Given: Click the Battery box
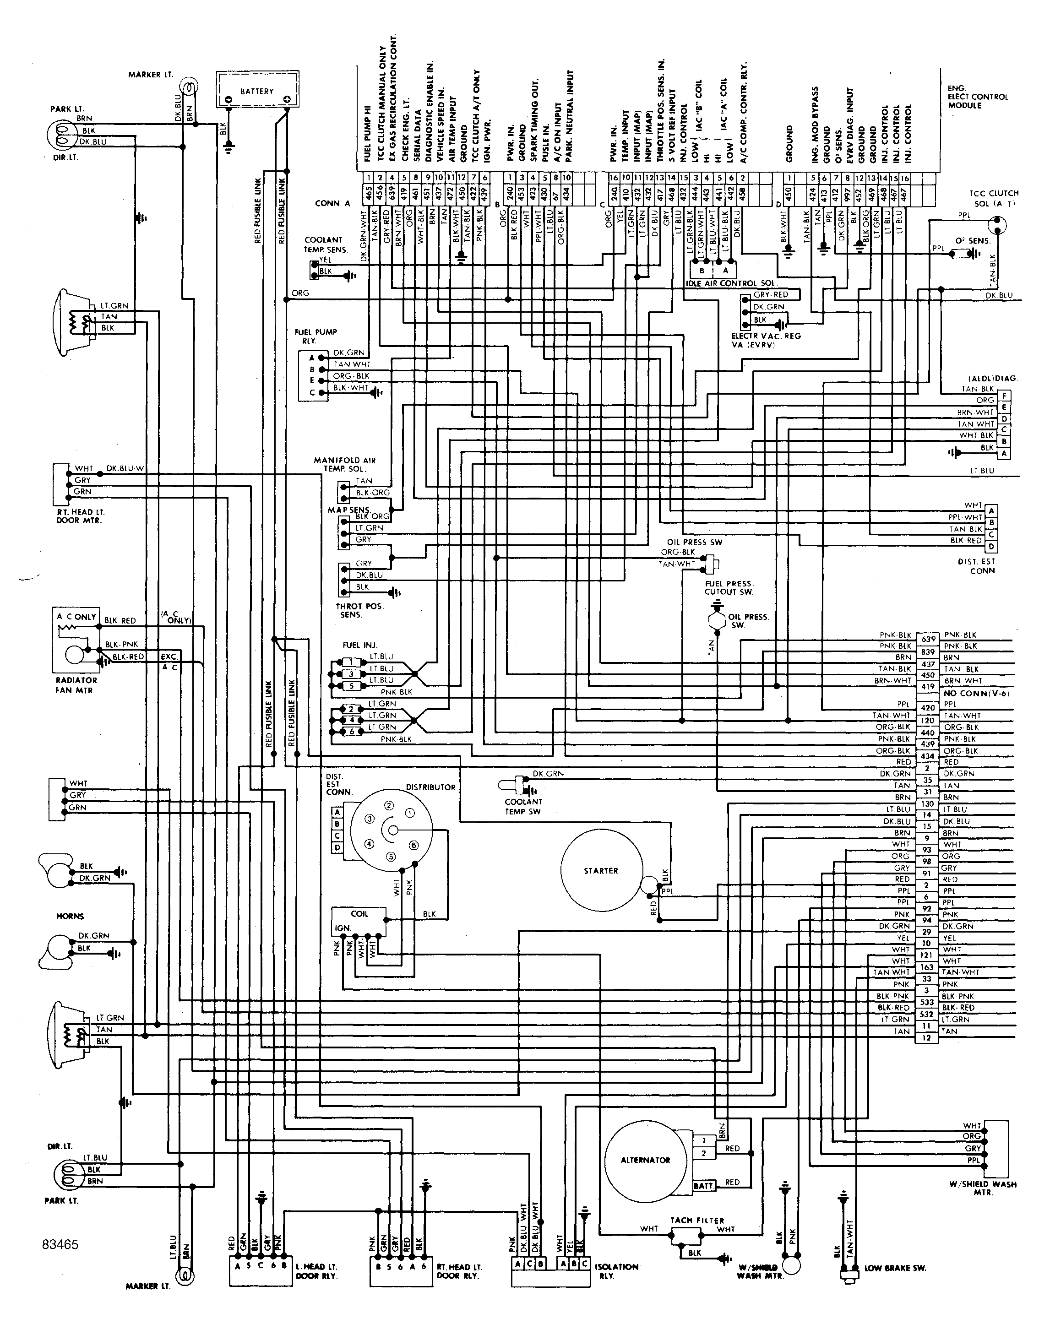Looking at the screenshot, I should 257,91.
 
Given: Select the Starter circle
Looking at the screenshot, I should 601,871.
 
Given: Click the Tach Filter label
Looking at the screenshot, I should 696,1220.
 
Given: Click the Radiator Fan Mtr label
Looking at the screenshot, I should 76,685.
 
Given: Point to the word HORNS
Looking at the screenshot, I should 70,916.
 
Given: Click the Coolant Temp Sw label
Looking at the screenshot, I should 523,807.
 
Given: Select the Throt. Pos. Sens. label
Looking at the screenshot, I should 359,610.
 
